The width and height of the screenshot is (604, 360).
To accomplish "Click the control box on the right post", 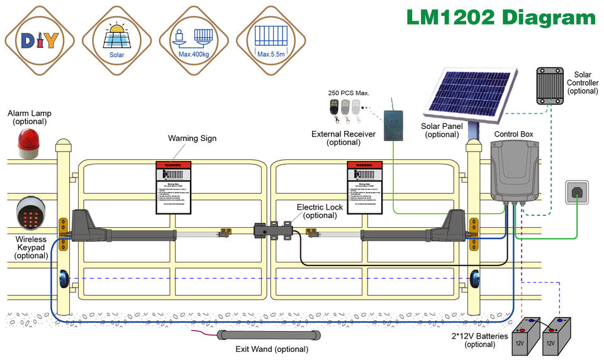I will (x=515, y=171).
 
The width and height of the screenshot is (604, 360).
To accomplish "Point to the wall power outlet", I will (x=576, y=192).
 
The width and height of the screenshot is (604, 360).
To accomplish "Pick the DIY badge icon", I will (x=40, y=41).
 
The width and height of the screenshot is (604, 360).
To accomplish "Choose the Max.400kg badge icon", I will (x=194, y=41).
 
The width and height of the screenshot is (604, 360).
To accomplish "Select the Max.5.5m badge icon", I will (x=272, y=41).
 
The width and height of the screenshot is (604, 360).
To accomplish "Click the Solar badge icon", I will (x=117, y=41).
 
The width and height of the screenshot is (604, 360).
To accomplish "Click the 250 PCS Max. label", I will (x=349, y=93).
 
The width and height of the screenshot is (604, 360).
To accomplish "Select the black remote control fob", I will (x=334, y=107).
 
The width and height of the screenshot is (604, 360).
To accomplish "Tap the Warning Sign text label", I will (x=192, y=138).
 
